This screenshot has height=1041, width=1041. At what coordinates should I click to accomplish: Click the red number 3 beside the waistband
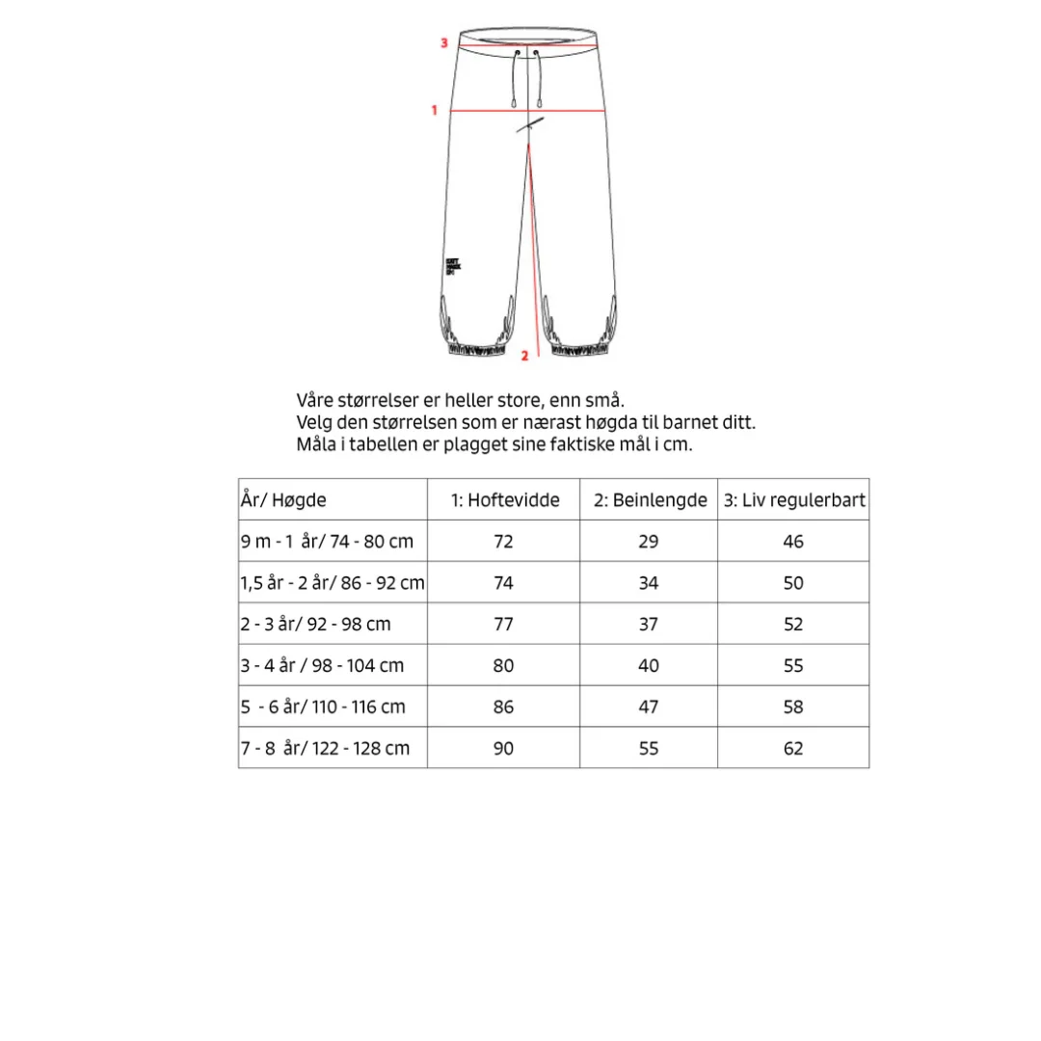[x=443, y=42]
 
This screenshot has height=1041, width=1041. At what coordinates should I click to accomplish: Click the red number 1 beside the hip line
[x=435, y=110]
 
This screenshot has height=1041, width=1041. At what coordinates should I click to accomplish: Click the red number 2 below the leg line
[x=524, y=356]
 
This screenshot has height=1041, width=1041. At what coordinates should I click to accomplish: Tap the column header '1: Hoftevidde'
[x=504, y=500]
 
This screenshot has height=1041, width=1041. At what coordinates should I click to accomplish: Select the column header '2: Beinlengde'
[x=649, y=500]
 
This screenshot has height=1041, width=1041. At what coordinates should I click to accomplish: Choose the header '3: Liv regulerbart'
[x=794, y=500]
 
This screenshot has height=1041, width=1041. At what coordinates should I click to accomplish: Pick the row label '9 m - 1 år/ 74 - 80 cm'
[x=327, y=542]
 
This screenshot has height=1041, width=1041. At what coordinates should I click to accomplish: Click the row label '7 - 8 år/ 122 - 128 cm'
[x=325, y=748]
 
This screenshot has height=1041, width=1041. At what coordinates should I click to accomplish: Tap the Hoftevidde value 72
[x=503, y=542]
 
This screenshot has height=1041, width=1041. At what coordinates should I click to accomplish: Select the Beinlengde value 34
[x=649, y=583]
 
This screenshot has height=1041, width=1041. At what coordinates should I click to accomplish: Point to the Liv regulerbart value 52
[x=793, y=625]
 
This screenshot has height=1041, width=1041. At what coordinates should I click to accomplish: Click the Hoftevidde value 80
[x=503, y=666]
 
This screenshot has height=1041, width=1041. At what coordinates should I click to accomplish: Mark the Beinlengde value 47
[x=649, y=707]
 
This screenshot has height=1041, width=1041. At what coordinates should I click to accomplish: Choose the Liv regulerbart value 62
[x=793, y=748]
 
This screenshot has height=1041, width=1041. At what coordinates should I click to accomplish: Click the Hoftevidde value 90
[x=503, y=748]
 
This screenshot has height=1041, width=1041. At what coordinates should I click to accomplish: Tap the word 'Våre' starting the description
[x=315, y=400]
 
